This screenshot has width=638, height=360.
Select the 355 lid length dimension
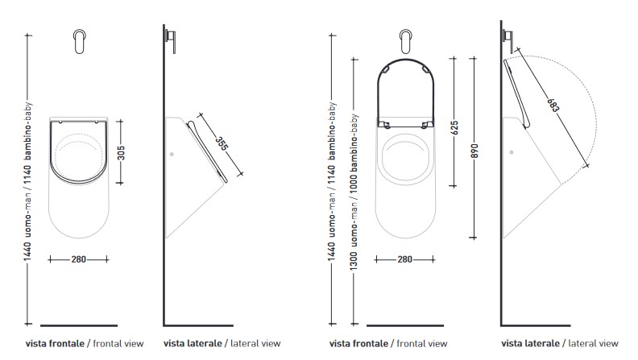point(221,144)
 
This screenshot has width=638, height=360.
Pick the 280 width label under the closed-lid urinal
point(78,259)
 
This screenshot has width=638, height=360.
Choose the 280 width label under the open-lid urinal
point(405,259)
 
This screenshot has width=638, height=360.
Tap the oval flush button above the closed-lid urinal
point(79,42)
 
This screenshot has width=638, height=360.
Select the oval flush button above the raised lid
point(406,42)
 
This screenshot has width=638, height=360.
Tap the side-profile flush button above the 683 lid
point(509,35)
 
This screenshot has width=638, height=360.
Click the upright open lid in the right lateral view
point(516,93)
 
